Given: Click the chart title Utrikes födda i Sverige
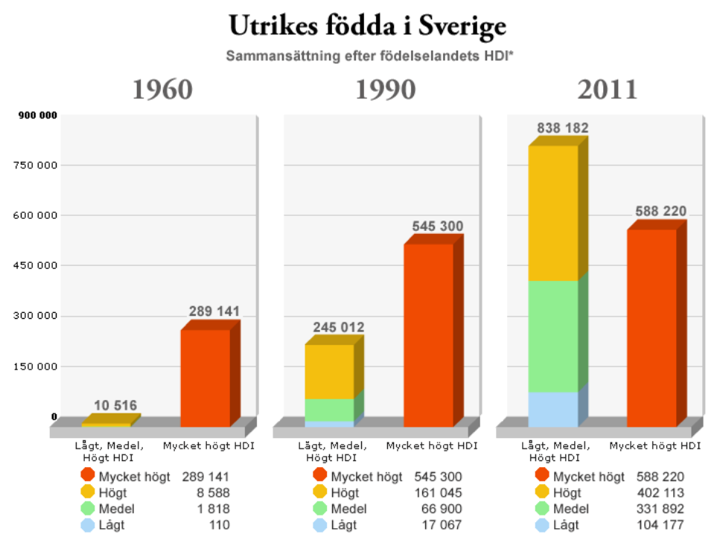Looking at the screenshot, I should [x=367, y=26].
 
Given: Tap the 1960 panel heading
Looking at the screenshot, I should [x=162, y=89].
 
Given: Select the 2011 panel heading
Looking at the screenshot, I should [x=608, y=89].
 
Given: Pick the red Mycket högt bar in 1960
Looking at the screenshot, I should [x=206, y=378].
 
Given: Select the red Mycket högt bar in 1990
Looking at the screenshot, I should [x=428, y=334].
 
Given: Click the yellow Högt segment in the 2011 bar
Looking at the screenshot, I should [x=553, y=213].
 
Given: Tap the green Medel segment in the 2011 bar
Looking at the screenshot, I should [x=553, y=336].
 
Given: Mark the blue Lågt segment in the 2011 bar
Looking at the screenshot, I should [x=553, y=409].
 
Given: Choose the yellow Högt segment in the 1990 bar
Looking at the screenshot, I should [x=329, y=371].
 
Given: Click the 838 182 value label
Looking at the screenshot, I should [x=563, y=128].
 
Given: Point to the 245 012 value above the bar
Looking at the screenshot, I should [x=339, y=327].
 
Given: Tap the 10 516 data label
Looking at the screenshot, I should [x=115, y=406].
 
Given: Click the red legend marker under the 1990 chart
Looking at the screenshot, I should [x=320, y=475].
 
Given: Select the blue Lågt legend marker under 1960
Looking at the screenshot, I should [x=88, y=525].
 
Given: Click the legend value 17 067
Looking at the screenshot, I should [x=442, y=525].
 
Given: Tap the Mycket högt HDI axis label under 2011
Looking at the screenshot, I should [x=655, y=446].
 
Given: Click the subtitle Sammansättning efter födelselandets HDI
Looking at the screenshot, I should [x=366, y=56].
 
